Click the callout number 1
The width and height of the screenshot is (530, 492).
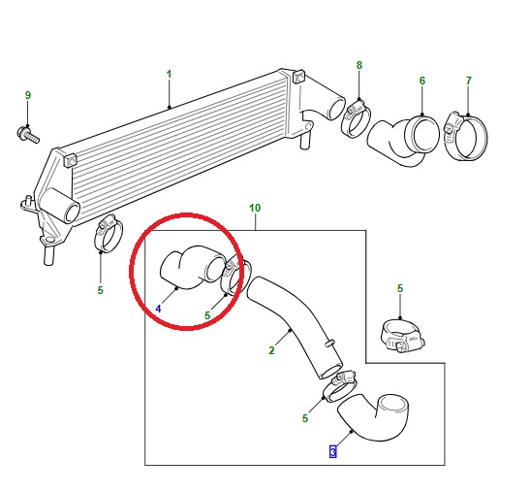click(x=169, y=74)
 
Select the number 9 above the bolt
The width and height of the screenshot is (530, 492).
click(x=28, y=95)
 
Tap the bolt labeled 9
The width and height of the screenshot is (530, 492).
click(x=28, y=134)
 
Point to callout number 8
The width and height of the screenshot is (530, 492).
click(x=359, y=65)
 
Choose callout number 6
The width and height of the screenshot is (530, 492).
click(x=422, y=81)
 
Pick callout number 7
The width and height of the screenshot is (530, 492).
click(x=468, y=81)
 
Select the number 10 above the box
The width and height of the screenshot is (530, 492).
click(x=255, y=208)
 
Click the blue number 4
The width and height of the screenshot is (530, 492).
click(x=158, y=309)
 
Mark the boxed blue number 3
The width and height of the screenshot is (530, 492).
click(x=333, y=451)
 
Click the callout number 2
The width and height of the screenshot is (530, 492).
click(x=271, y=350)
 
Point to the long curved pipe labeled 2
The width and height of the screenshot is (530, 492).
click(x=297, y=325)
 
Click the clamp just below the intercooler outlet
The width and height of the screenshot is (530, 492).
click(x=108, y=234)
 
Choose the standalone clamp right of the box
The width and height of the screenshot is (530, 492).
click(x=402, y=335)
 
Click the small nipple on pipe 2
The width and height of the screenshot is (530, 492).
click(x=329, y=343)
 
